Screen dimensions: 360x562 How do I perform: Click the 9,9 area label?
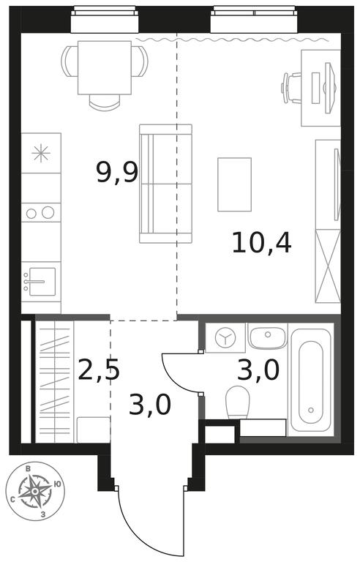pos(117,173)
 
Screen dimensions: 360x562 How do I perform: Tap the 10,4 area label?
pos(261,244)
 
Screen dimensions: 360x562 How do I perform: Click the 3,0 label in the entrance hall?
pos(149,404)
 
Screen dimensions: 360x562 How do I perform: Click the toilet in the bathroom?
pos(238,402)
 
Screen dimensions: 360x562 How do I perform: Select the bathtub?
pos(310,381)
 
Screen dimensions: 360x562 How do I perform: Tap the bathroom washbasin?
pos(268,337)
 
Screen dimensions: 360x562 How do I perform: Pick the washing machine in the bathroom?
pos(225,337)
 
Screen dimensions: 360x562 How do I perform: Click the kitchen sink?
pos(40,282)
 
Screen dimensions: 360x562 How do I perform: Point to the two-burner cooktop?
pos(40,212)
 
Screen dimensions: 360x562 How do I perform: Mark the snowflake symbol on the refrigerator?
pos(40,153)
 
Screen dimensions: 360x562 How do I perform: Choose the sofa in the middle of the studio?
pos(165,184)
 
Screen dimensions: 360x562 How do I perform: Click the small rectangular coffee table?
pos(234,184)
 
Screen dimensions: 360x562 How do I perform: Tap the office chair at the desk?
pos(291,88)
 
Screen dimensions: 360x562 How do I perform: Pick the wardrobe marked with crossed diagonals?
pos(328,266)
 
